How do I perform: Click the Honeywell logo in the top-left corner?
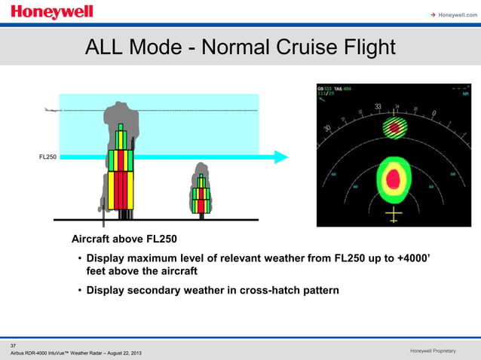(x=52, y=12)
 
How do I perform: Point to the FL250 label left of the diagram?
(x=47, y=157)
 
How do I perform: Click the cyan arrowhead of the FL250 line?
(x=280, y=157)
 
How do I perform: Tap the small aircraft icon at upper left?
(x=52, y=110)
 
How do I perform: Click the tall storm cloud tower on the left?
(x=121, y=166)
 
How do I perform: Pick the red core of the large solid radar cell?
(x=393, y=178)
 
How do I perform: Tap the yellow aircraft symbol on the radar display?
(x=393, y=216)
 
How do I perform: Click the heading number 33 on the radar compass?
(x=377, y=107)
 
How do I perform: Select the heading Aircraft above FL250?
(x=124, y=239)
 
